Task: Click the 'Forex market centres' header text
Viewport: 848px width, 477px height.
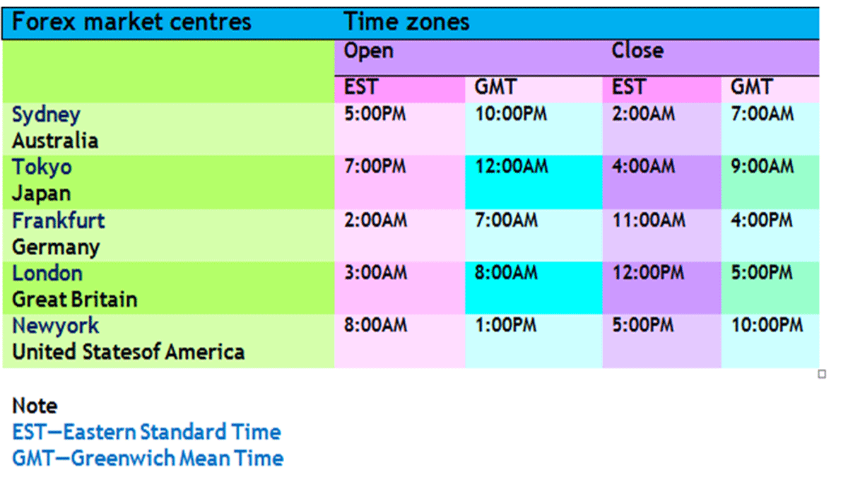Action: coord(131,22)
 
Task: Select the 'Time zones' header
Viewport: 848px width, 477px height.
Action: coord(406,22)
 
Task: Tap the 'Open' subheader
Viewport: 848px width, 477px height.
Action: coord(368,52)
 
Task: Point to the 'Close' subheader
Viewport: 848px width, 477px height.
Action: coord(637,50)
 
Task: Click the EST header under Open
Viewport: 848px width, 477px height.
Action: coord(361,87)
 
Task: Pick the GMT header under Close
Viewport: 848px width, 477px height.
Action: coord(751,87)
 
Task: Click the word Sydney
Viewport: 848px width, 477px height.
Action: coord(46,115)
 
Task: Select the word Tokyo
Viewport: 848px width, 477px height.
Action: coord(42,167)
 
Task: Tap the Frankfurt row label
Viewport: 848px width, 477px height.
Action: coord(58,220)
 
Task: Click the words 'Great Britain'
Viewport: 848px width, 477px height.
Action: coord(75,300)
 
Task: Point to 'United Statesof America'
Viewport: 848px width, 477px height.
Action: coord(129,352)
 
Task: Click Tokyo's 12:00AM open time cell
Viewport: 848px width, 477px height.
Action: coord(512,166)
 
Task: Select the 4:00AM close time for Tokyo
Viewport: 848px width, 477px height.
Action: coord(644,166)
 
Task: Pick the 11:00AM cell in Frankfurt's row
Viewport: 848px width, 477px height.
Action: coord(649,220)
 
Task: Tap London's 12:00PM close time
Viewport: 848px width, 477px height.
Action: coord(649,273)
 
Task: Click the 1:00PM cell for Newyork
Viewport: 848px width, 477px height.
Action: coord(506,325)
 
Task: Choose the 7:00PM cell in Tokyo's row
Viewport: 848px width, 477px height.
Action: coord(375,166)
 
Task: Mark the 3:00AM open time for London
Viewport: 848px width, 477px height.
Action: coord(375,273)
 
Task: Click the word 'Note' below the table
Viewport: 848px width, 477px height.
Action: coord(35,406)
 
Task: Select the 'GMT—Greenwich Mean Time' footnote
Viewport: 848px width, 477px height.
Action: coord(148,458)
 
